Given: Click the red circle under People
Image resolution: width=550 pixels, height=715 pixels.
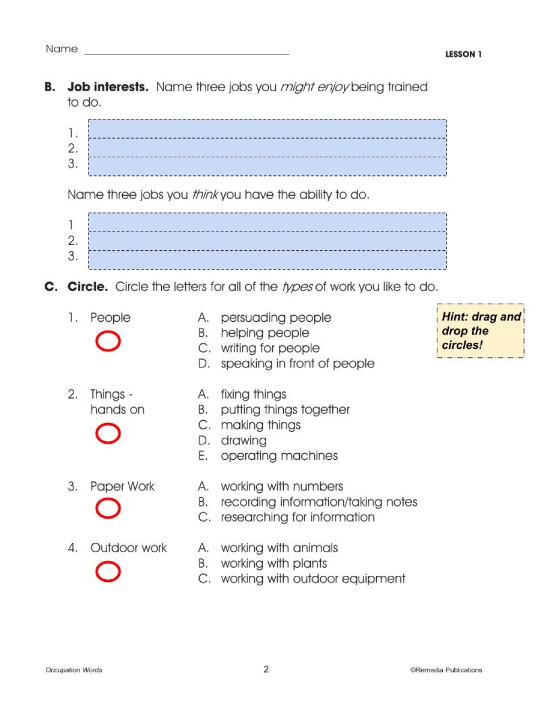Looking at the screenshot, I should point(108,342).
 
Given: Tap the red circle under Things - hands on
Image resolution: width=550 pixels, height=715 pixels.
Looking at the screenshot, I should point(108,433).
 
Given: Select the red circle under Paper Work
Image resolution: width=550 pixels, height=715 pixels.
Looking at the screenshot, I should point(108,508).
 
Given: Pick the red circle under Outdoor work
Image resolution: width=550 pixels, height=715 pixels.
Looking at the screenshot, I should point(108,571).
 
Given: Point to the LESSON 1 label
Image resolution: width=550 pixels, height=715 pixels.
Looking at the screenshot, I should point(463,54).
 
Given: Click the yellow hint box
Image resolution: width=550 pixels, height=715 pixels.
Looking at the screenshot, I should point(481,331).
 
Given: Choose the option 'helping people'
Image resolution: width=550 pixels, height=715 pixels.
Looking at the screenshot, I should point(265,333).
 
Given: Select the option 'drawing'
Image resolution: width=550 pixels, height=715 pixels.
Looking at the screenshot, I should point(244,441).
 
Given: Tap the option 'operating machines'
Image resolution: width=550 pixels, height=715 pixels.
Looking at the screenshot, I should point(279,456).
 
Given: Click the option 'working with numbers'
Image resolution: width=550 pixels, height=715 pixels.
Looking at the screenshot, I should point(282,487).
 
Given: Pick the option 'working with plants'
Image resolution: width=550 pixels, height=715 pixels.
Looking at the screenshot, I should point(273,564).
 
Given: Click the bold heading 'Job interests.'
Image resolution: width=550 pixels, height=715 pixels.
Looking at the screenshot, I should point(108,87).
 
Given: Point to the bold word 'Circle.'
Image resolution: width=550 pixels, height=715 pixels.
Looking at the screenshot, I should point(87,287).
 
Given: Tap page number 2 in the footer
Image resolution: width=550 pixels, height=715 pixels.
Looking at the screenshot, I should point(266,669).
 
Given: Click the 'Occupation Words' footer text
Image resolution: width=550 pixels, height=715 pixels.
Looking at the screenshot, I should point(74,670).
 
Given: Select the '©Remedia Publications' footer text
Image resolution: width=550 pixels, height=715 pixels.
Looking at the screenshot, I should point(446,670).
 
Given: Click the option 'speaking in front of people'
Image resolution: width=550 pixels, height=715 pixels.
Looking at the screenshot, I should point(297,364).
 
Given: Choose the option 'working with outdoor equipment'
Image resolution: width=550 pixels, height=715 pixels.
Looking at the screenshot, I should point(313,579).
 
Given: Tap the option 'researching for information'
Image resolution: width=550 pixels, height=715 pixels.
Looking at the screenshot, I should point(298,518).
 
